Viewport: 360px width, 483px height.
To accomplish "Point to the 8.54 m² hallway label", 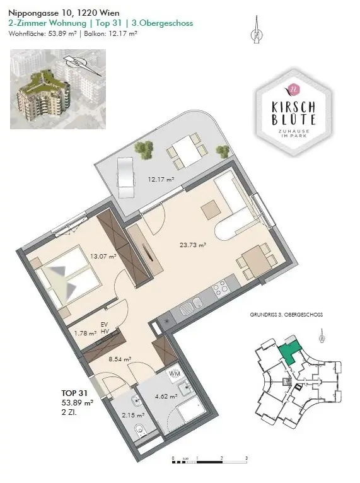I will pos(120,359).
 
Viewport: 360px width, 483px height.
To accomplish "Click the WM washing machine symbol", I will pos(175,375).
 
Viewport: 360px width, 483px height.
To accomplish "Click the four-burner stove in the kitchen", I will pos(220,289).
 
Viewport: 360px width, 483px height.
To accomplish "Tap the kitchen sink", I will pos(187,309).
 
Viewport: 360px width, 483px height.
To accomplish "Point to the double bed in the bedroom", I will pos(65,278).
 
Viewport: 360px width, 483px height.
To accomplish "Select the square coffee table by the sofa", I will pos(209,209).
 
